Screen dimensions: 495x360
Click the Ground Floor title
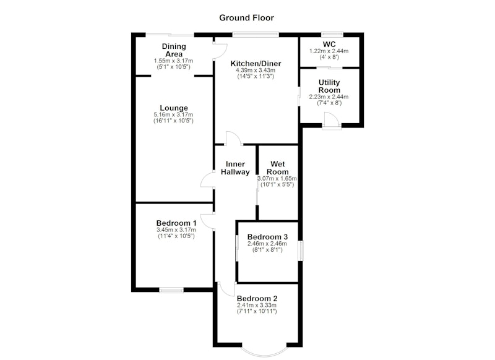pos(246,18)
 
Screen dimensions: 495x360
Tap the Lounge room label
pos(174,108)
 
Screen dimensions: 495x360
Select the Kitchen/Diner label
pos(256,64)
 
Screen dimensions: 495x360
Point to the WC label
pos(329,44)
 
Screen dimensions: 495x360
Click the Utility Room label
pos(329,86)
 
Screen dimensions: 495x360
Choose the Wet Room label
pos(278,168)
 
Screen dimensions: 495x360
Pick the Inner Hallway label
pos(235,168)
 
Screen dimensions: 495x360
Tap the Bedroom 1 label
pos(176,223)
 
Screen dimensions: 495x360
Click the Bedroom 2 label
pos(257,298)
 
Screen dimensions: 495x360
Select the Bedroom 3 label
pos(267,237)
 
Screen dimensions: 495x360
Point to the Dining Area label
pos(174,50)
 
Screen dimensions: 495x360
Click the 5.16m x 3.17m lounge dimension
pos(173,114)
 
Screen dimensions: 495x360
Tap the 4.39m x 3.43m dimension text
pos(256,70)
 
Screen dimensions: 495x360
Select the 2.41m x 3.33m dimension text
pos(257,305)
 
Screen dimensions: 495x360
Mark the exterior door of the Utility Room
pos(332,121)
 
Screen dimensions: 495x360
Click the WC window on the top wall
pos(332,34)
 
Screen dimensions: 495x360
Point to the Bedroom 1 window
pos(171,289)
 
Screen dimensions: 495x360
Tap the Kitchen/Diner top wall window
pos(256,34)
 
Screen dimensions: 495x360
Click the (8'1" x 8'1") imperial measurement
pos(267,250)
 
